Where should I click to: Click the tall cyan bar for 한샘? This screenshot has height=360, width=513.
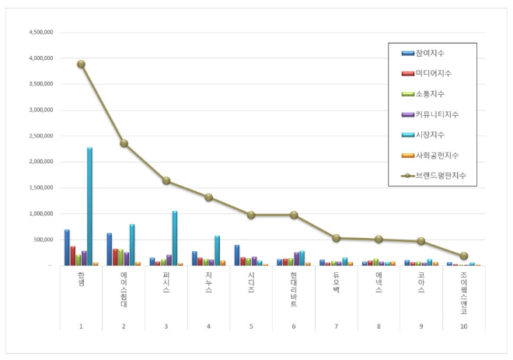[89, 206]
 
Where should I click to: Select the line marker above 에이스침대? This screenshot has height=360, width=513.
[124, 143]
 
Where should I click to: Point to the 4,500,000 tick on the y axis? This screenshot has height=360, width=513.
[40, 33]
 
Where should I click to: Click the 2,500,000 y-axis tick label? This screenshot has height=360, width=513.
[40, 136]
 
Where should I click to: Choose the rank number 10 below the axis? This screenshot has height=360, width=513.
[464, 327]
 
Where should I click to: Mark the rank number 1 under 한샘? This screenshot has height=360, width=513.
[81, 327]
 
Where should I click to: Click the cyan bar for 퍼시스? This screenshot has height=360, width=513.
[175, 238]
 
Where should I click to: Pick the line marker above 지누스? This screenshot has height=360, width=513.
[209, 197]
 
